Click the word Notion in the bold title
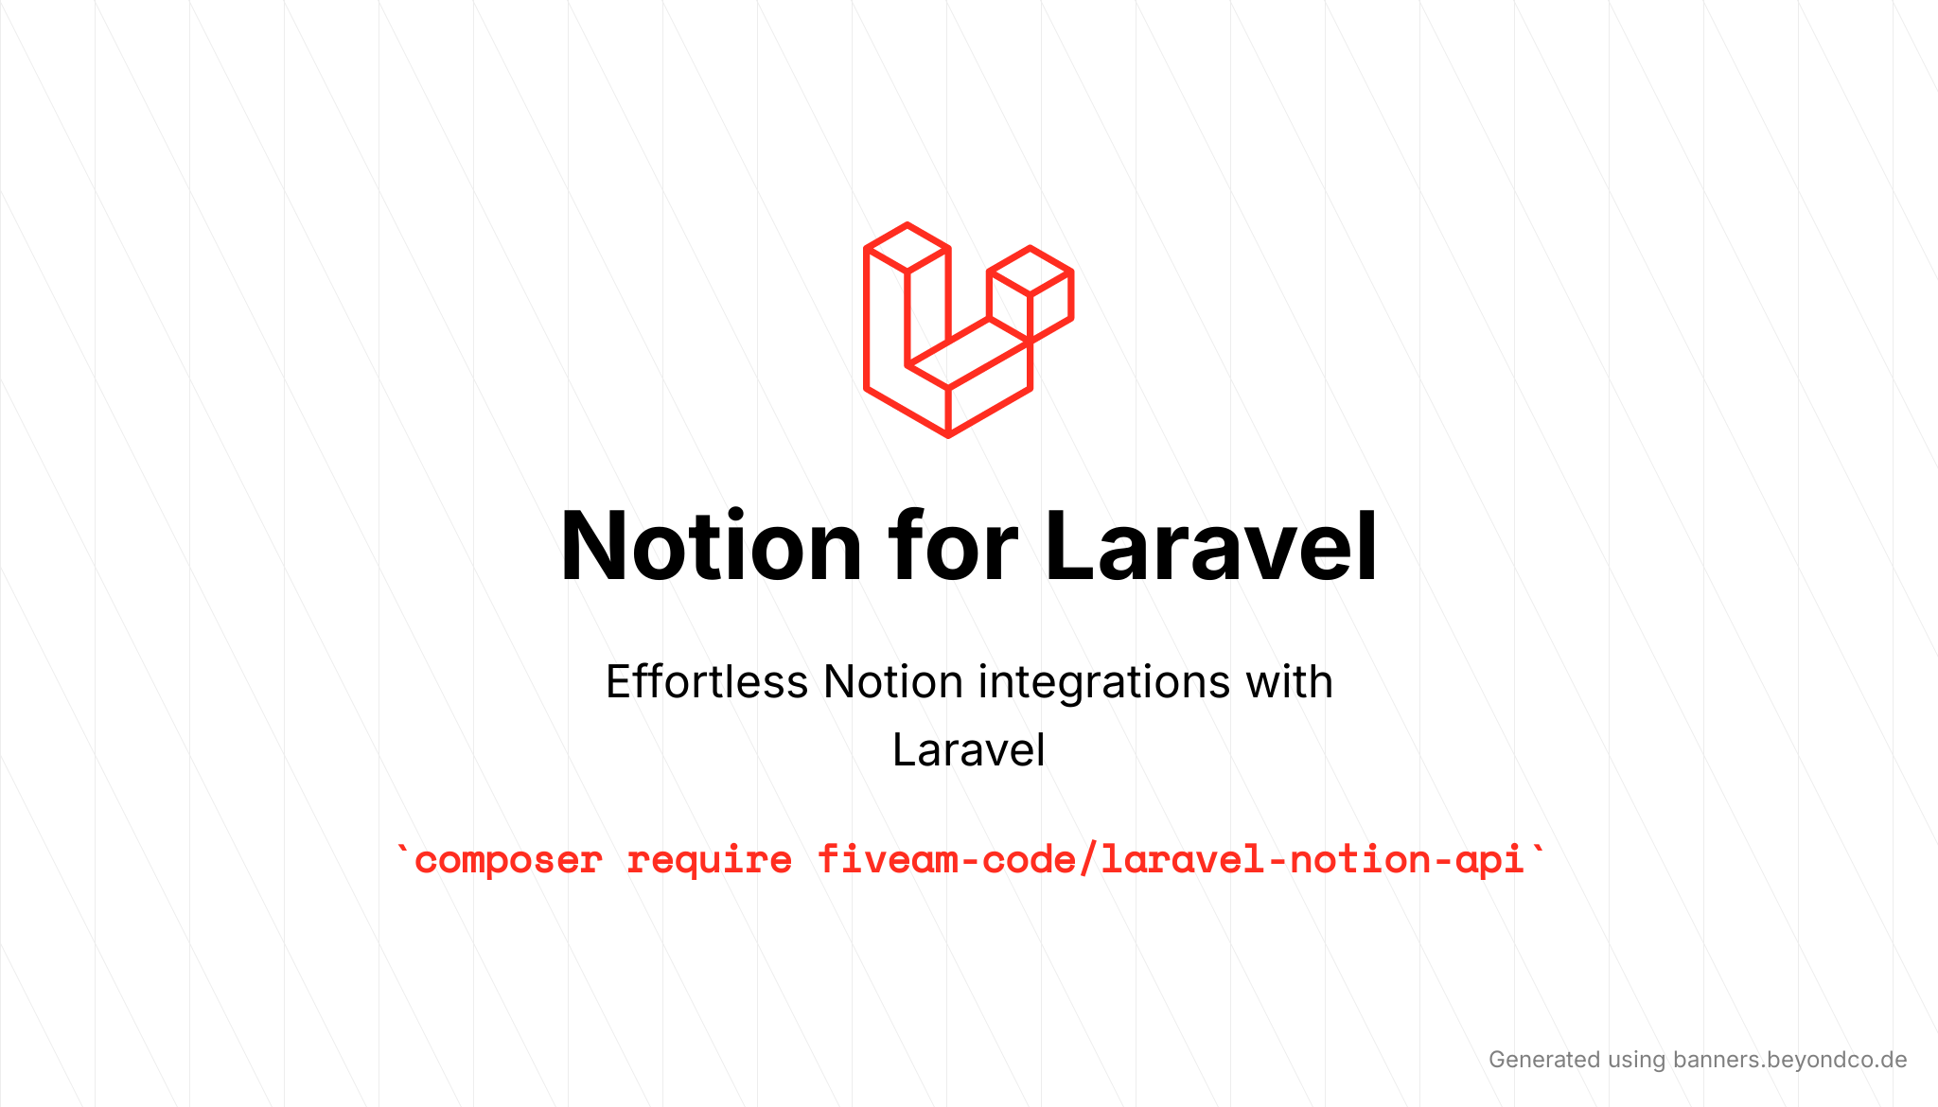[x=711, y=546]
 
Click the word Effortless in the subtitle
[x=707, y=681]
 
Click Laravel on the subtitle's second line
[x=969, y=750]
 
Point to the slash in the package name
[x=1088, y=859]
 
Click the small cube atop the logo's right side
[x=1031, y=293]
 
